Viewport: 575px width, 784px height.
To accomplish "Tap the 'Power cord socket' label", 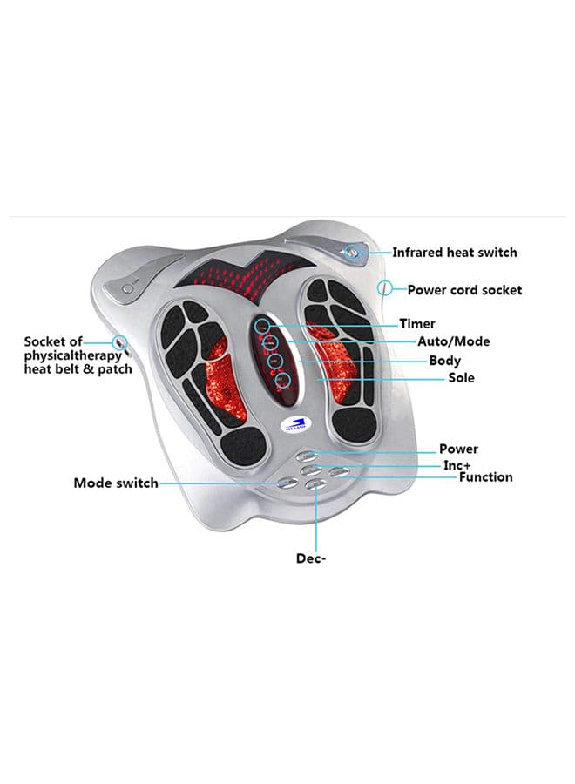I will [464, 289].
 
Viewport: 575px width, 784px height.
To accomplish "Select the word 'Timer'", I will [417, 324].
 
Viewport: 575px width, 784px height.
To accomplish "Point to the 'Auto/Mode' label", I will [453, 341].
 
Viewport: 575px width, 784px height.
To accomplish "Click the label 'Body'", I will [445, 361].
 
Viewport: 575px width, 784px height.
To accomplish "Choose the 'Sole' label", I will [461, 378].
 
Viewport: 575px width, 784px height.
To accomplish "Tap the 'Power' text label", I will [458, 449].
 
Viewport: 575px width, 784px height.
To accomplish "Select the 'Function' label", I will [486, 477].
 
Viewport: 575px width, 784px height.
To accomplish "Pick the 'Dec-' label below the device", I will [311, 558].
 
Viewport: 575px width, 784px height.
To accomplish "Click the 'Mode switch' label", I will [116, 483].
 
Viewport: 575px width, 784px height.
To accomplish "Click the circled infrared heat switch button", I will [352, 253].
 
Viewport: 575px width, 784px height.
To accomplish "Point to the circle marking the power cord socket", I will [385, 287].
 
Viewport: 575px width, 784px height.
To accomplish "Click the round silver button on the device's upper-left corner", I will [128, 286].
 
